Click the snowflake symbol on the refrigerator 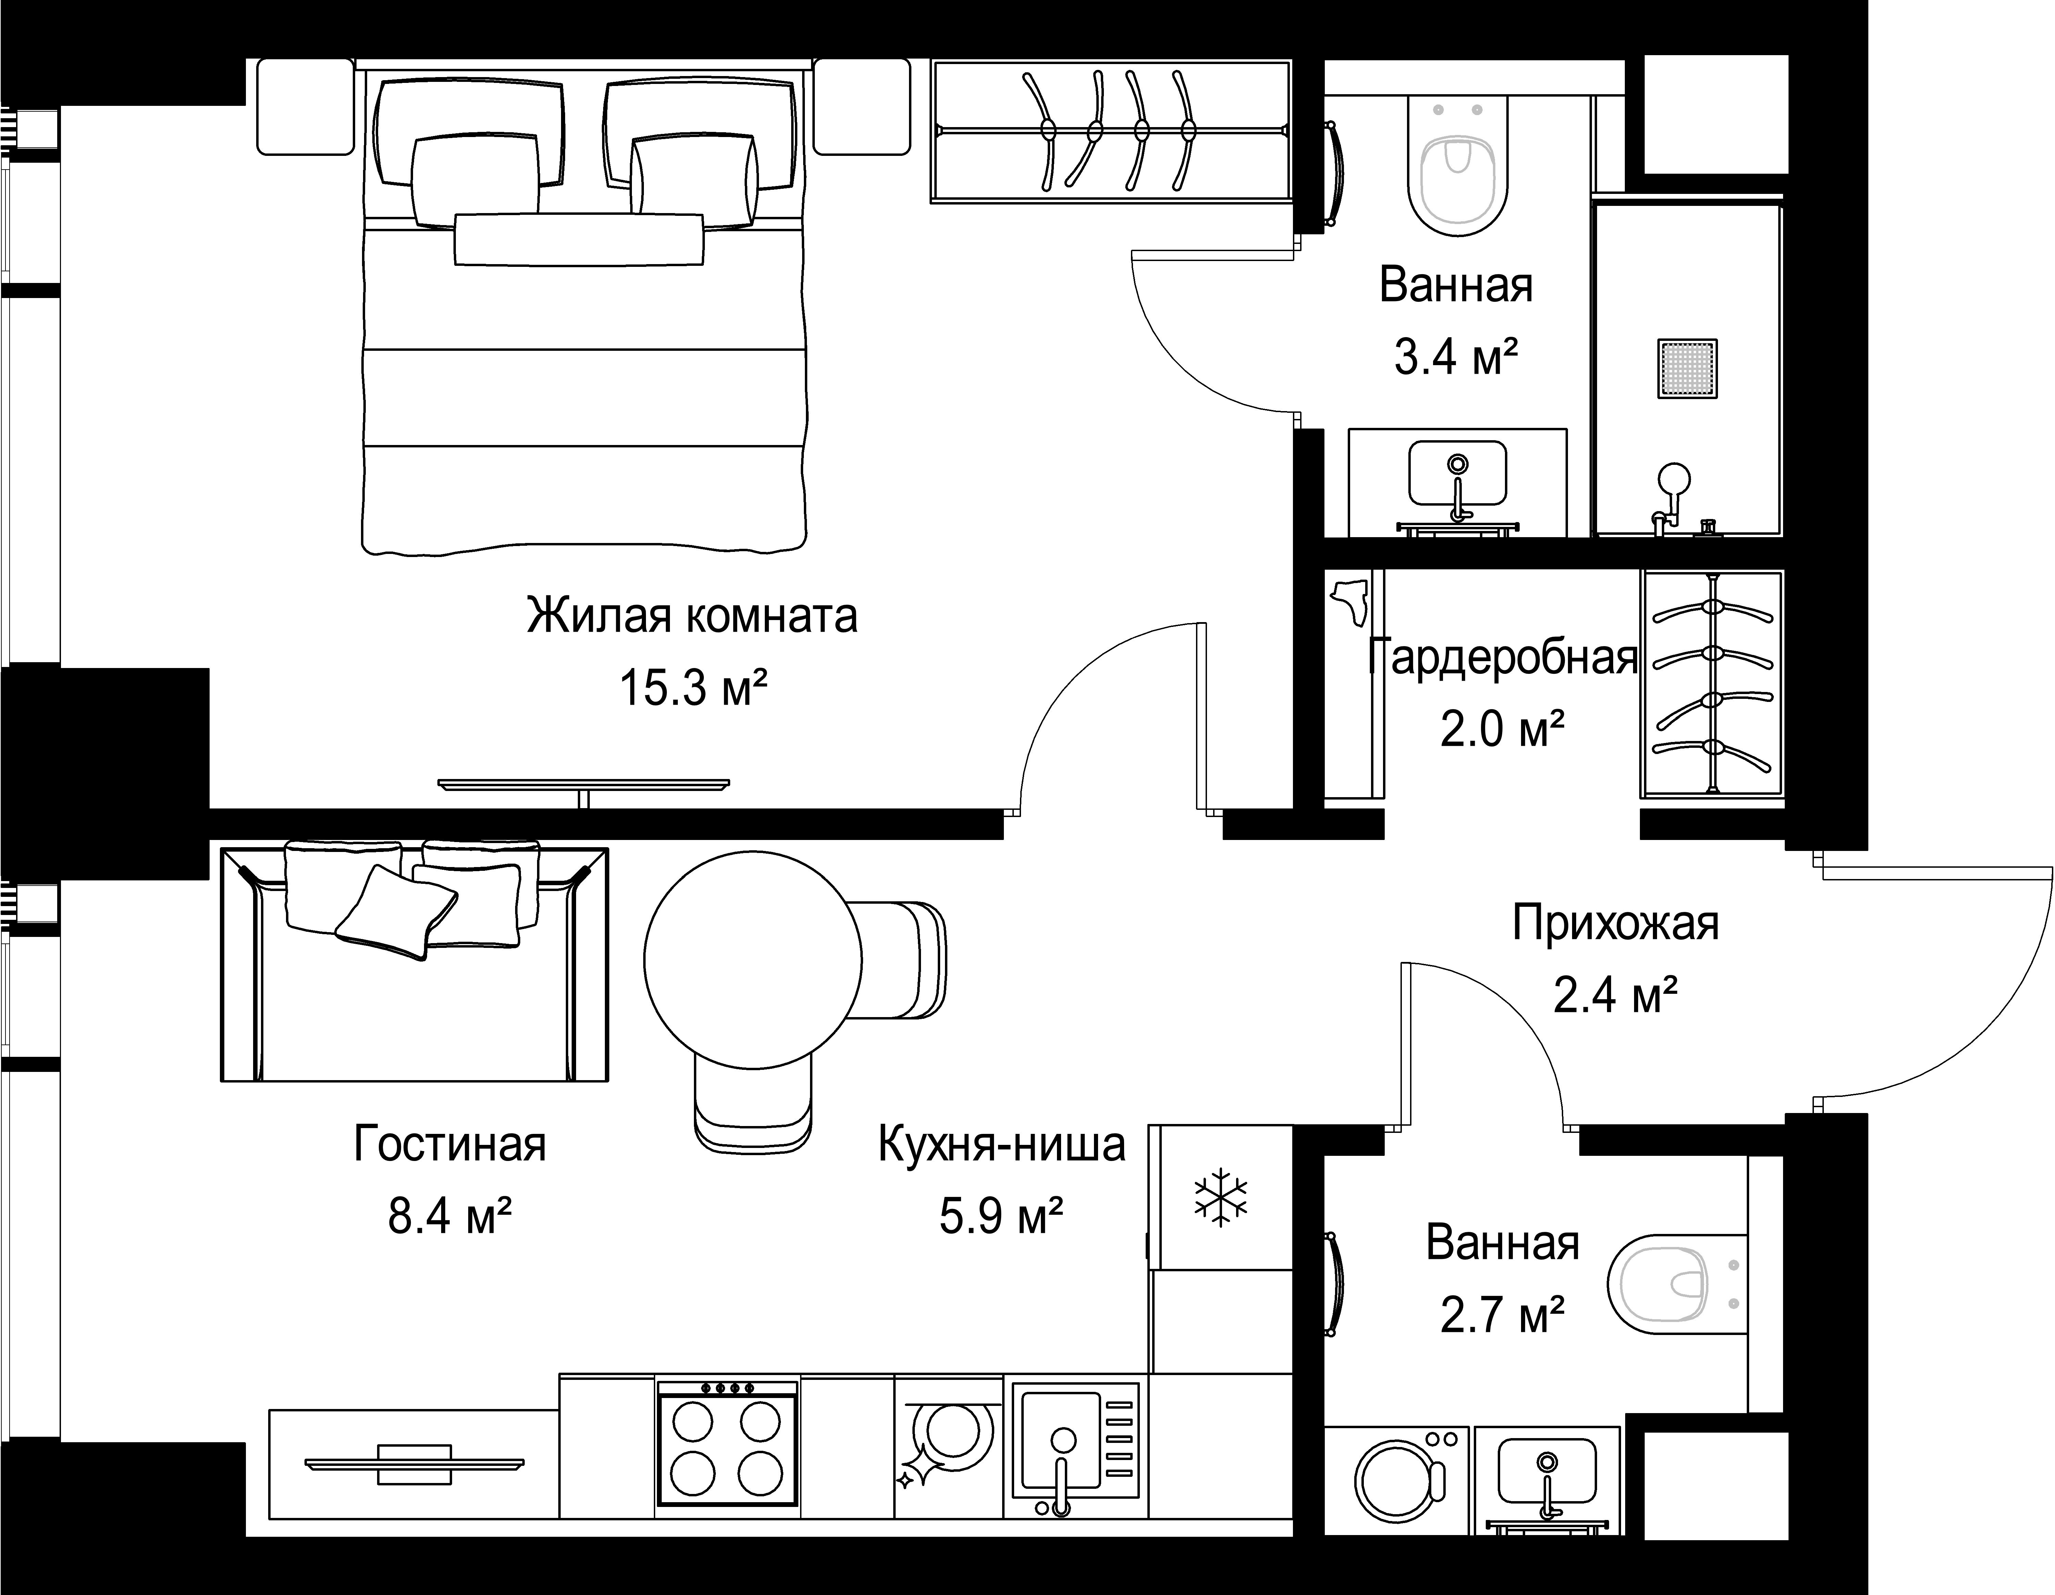[x=1220, y=1198]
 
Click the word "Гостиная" [x=450, y=1145]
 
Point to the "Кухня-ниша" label [x=1001, y=1145]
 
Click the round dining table [x=753, y=960]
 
